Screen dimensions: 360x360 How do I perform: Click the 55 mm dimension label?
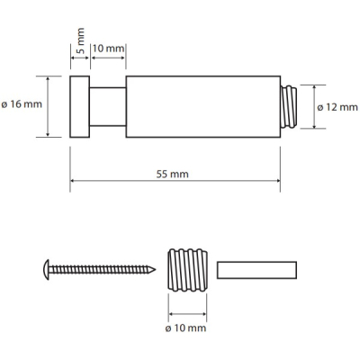tap(173, 174)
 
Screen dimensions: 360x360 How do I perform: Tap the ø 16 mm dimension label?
tap(22, 104)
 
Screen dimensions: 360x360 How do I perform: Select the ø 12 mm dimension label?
tap(337, 107)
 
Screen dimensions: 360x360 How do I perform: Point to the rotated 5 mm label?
tap(80, 40)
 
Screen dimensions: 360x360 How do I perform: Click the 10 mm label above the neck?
tap(108, 48)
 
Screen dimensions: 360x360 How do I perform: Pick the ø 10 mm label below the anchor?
tap(185, 328)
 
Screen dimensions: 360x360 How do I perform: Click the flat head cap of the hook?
tap(80, 107)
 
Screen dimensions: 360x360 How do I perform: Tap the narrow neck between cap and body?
tap(108, 107)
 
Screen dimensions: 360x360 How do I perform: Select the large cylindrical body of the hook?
tap(203, 107)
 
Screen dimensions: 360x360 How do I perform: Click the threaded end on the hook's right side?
tap(289, 107)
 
